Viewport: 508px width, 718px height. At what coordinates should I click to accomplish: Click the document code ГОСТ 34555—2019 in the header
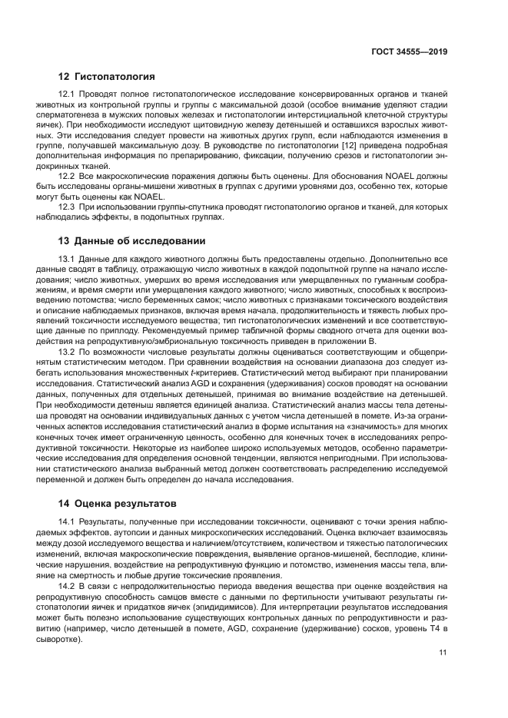(408, 51)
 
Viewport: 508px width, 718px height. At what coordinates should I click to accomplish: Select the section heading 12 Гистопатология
(107, 77)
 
